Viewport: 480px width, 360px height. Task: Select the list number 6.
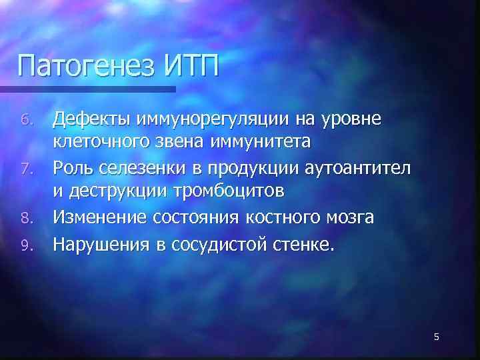[25, 121]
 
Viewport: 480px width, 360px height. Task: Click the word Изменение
[102, 218]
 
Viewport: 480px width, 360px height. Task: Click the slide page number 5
[436, 337]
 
